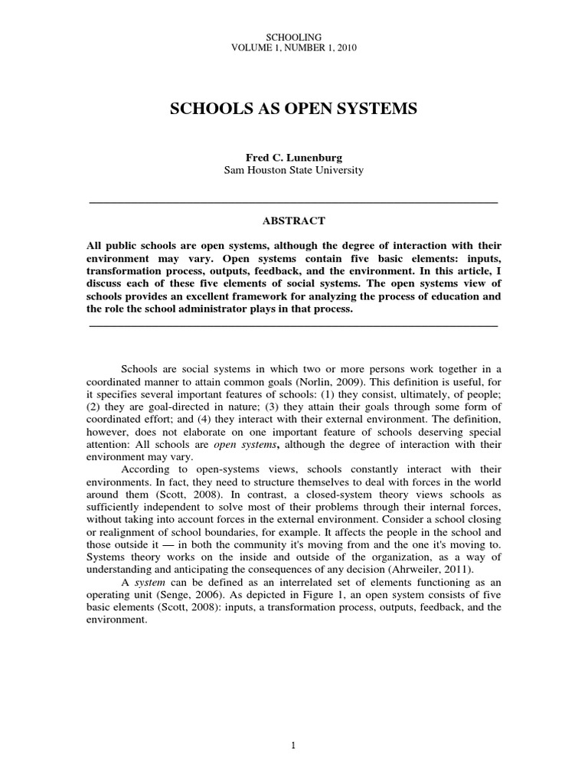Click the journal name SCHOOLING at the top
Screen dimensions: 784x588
293,36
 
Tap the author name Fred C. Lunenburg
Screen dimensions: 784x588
293,157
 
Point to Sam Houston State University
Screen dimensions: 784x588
293,170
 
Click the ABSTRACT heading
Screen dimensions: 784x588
294,221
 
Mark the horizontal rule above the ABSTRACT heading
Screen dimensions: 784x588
294,202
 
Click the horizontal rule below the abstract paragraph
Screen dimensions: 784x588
294,326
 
